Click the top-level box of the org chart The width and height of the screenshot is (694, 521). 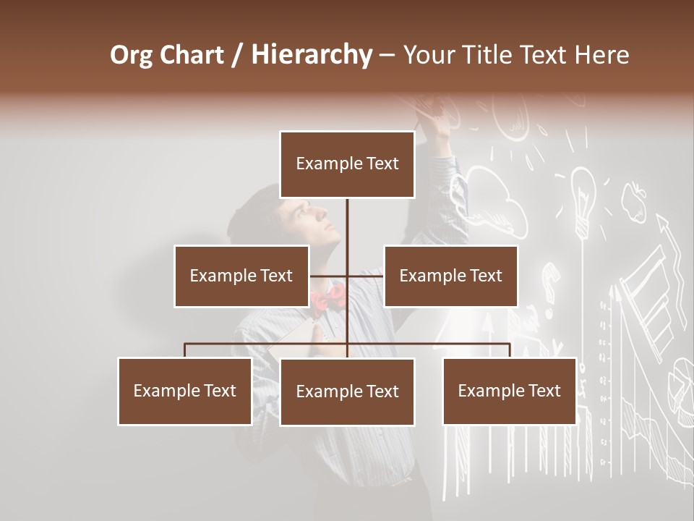click(x=347, y=164)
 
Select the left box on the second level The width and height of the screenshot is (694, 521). click(x=241, y=276)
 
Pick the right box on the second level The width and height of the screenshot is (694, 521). click(x=450, y=276)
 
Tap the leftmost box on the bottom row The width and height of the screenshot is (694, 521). click(x=185, y=391)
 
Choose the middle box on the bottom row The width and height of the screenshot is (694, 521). click(x=347, y=392)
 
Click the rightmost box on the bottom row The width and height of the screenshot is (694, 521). click(x=509, y=391)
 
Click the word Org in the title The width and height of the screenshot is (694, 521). click(x=131, y=55)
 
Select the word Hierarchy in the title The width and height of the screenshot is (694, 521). click(x=311, y=55)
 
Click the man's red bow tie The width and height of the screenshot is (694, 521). click(x=329, y=296)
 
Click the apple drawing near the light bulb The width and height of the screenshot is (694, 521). click(x=634, y=201)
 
